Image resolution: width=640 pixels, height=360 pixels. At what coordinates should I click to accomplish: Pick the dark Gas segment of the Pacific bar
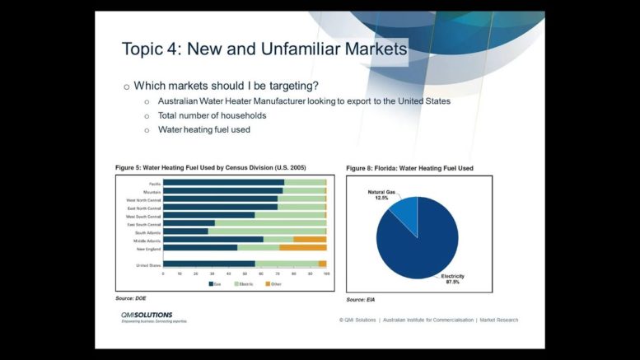222,182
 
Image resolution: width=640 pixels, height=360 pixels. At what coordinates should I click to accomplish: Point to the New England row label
147,248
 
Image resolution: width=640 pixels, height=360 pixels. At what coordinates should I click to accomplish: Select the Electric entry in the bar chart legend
245,283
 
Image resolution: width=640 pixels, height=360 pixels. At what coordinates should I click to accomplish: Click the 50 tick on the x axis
245,274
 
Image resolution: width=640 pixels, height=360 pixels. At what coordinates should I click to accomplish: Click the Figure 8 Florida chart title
409,168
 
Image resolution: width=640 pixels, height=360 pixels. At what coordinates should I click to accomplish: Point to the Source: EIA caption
361,300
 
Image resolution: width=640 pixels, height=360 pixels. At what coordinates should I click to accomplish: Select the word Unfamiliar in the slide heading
294,49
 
